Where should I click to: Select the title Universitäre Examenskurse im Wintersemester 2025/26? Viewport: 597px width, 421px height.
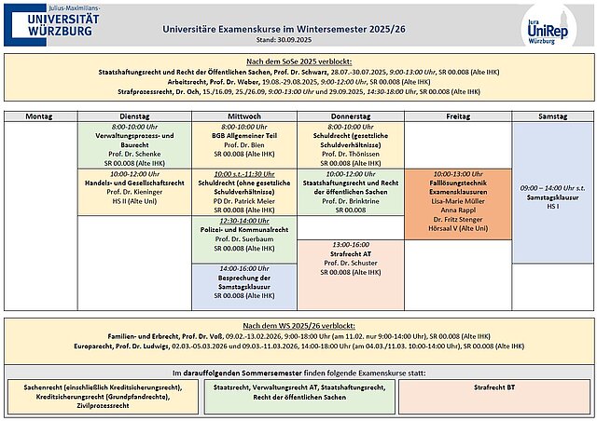(x=298, y=28)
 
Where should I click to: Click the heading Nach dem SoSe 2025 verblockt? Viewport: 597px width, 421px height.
(x=298, y=61)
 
